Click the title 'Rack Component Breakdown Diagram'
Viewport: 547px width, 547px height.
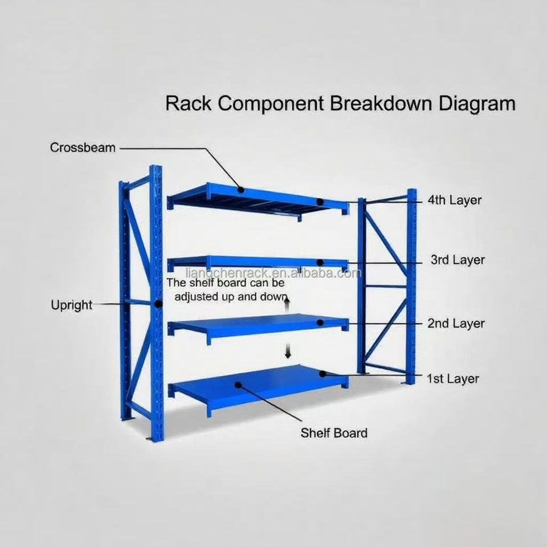click(x=340, y=104)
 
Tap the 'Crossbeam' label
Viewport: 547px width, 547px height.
click(x=83, y=148)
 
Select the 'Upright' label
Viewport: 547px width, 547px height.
click(x=71, y=305)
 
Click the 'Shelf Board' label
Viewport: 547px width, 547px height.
click(x=334, y=432)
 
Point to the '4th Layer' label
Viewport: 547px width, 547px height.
click(x=454, y=200)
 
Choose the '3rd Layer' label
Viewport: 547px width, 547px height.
click(x=457, y=260)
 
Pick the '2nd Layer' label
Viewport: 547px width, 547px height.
click(x=456, y=324)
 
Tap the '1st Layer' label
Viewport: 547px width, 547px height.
click(x=453, y=378)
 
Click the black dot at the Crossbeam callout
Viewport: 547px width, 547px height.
click(x=241, y=189)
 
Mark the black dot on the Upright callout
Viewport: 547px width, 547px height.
click(x=158, y=304)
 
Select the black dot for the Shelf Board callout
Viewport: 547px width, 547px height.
click(x=239, y=385)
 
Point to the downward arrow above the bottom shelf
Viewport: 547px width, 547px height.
click(x=288, y=352)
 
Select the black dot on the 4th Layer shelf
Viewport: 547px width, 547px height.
click(x=320, y=201)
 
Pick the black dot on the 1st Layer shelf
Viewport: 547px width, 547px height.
click(x=322, y=374)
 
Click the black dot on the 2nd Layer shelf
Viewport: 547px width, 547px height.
click(x=320, y=323)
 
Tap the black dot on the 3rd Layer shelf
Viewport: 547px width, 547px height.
click(x=320, y=263)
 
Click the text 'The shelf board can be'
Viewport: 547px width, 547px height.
click(x=225, y=283)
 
